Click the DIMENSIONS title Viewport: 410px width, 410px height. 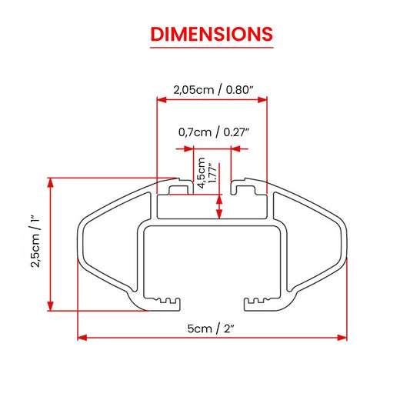(x=211, y=34)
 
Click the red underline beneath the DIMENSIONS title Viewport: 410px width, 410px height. (x=211, y=48)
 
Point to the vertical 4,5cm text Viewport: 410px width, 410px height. (x=202, y=173)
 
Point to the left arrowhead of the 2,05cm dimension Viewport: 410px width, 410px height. (x=162, y=99)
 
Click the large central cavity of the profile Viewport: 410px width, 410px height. (x=212, y=262)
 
